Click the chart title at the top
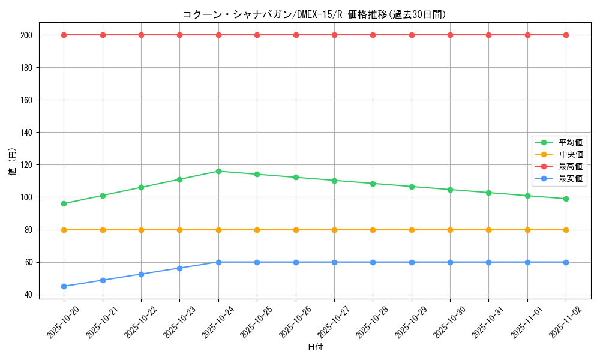click(x=314, y=14)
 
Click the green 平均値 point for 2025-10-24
click(x=218, y=171)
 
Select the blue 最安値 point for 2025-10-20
click(x=64, y=286)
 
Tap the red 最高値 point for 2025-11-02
click(x=566, y=35)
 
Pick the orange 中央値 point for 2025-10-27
click(x=334, y=230)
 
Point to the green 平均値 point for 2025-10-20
click(x=64, y=203)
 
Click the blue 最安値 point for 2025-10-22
click(x=141, y=274)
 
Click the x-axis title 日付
click(x=314, y=347)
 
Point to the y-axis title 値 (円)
click(x=13, y=162)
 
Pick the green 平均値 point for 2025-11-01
click(x=527, y=196)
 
